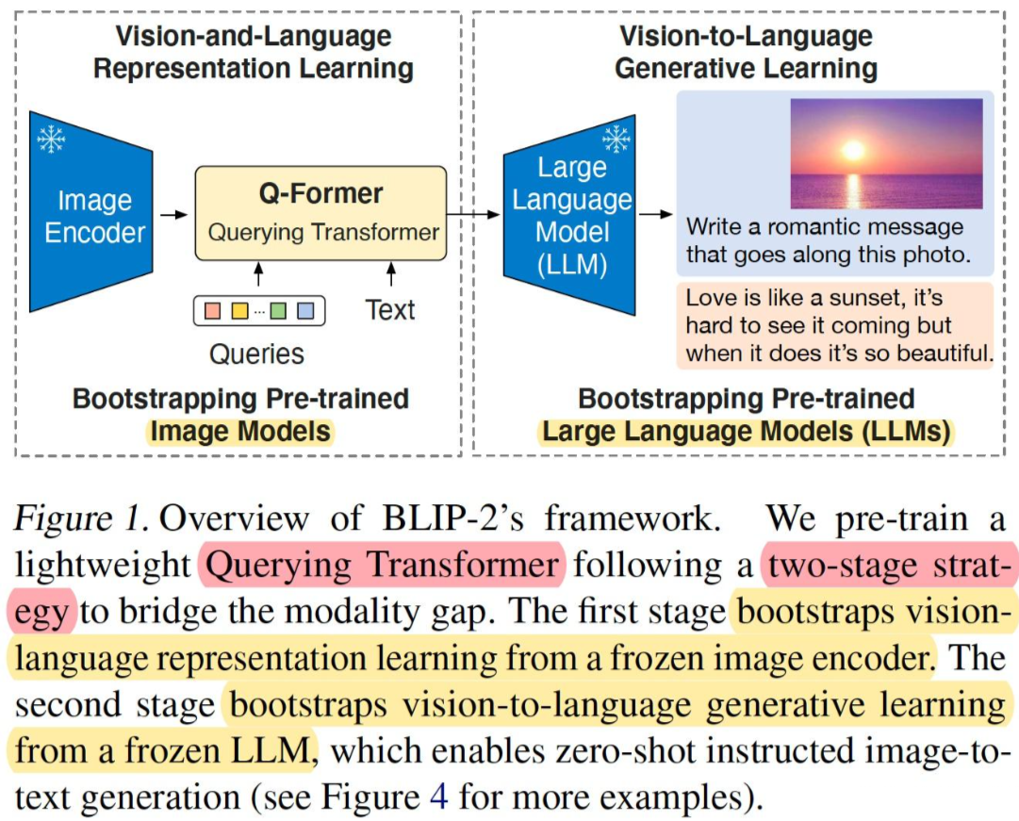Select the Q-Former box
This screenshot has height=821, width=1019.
point(320,214)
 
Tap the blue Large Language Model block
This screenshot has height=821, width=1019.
point(570,216)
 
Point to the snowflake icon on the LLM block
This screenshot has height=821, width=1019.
point(616,140)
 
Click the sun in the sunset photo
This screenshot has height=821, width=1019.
point(854,150)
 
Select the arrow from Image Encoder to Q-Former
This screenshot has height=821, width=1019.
point(174,216)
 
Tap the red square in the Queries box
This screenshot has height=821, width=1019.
point(212,309)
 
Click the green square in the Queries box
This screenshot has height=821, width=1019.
point(278,309)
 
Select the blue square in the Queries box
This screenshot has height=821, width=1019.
point(304,309)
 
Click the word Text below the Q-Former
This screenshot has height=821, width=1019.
point(390,310)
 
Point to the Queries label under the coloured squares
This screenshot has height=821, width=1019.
point(256,353)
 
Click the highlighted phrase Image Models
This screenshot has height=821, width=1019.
point(241,433)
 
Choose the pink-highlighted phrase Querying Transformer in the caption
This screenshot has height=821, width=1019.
point(382,566)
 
